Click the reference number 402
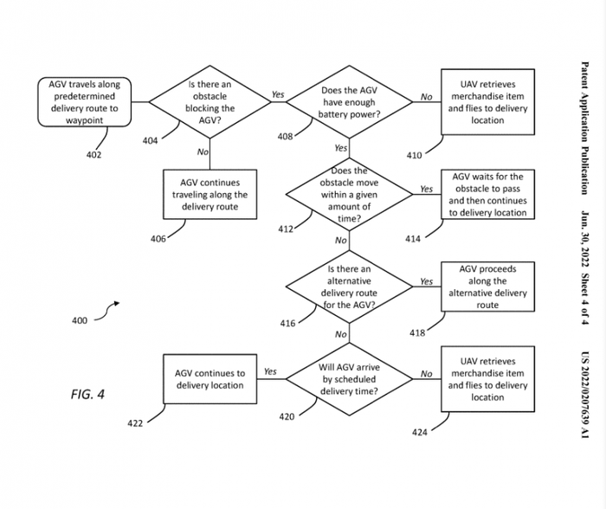pyautogui.click(x=93, y=156)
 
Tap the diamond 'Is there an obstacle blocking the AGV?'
pyautogui.click(x=210, y=102)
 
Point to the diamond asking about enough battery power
pyautogui.click(x=349, y=102)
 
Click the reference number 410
pyautogui.click(x=414, y=156)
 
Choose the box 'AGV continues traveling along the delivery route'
pyautogui.click(x=210, y=195)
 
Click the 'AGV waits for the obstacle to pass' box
pyautogui.click(x=487, y=194)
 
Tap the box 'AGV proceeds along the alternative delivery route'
pyautogui.click(x=487, y=287)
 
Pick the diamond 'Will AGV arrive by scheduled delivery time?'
pyautogui.click(x=349, y=379)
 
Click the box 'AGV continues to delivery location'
pyautogui.click(x=210, y=379)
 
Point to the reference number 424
pyautogui.click(x=419, y=432)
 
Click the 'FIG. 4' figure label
pyautogui.click(x=87, y=395)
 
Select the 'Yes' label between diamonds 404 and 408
pyautogui.click(x=278, y=94)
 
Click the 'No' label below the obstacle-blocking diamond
pyautogui.click(x=203, y=151)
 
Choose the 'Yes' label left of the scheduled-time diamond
pyautogui.click(x=270, y=371)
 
